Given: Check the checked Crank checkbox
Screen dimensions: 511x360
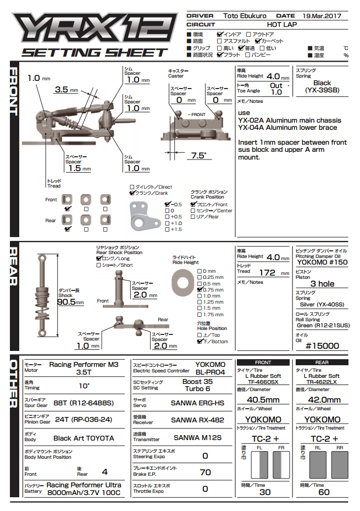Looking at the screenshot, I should tap(132, 194).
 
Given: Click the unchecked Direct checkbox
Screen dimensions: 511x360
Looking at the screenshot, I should tap(132, 187).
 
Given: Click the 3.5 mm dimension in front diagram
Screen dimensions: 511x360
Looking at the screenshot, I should tap(61, 90).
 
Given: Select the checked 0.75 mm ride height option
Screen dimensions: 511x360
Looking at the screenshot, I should tap(200, 290).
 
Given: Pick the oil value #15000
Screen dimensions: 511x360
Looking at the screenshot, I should tap(322, 346).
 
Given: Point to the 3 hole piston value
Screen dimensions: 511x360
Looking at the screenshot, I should tap(322, 283).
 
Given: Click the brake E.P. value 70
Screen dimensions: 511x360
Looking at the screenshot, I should tap(205, 472).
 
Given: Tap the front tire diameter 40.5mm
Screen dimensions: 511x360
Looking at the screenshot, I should tap(263, 400).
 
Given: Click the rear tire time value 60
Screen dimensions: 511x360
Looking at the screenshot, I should tap(324, 492).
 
